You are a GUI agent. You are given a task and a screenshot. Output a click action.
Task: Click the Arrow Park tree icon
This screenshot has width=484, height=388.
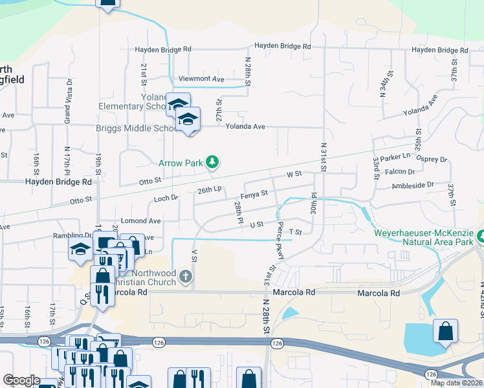[211, 162]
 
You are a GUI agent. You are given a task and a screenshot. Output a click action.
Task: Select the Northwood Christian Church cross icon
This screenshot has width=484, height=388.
[186, 278]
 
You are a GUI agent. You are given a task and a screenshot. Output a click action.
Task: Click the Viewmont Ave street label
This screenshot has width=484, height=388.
[201, 79]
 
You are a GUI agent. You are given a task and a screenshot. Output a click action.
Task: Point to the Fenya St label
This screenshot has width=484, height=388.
[254, 193]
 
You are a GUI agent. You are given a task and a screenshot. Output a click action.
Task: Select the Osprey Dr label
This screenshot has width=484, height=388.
[434, 159]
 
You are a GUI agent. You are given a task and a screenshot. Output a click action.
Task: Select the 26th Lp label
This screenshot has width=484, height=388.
[210, 190]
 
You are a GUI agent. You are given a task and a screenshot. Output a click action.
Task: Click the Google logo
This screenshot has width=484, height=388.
[21, 380]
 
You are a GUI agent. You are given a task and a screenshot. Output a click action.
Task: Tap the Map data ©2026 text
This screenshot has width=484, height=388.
[456, 383]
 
